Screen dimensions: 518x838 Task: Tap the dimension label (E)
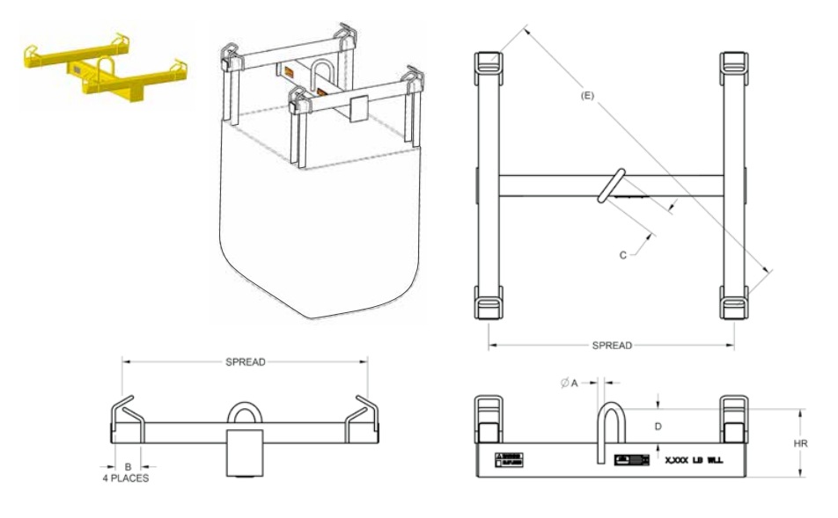[588, 96]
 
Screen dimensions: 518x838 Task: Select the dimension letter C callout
[622, 256]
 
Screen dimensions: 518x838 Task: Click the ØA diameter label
[569, 383]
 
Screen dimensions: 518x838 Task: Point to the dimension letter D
[658, 426]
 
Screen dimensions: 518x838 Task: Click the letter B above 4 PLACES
[128, 467]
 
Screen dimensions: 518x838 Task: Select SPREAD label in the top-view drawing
[612, 346]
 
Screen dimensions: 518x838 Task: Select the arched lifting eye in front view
[244, 415]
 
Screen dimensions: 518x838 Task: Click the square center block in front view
[244, 452]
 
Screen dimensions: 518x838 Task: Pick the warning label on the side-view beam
[510, 458]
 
